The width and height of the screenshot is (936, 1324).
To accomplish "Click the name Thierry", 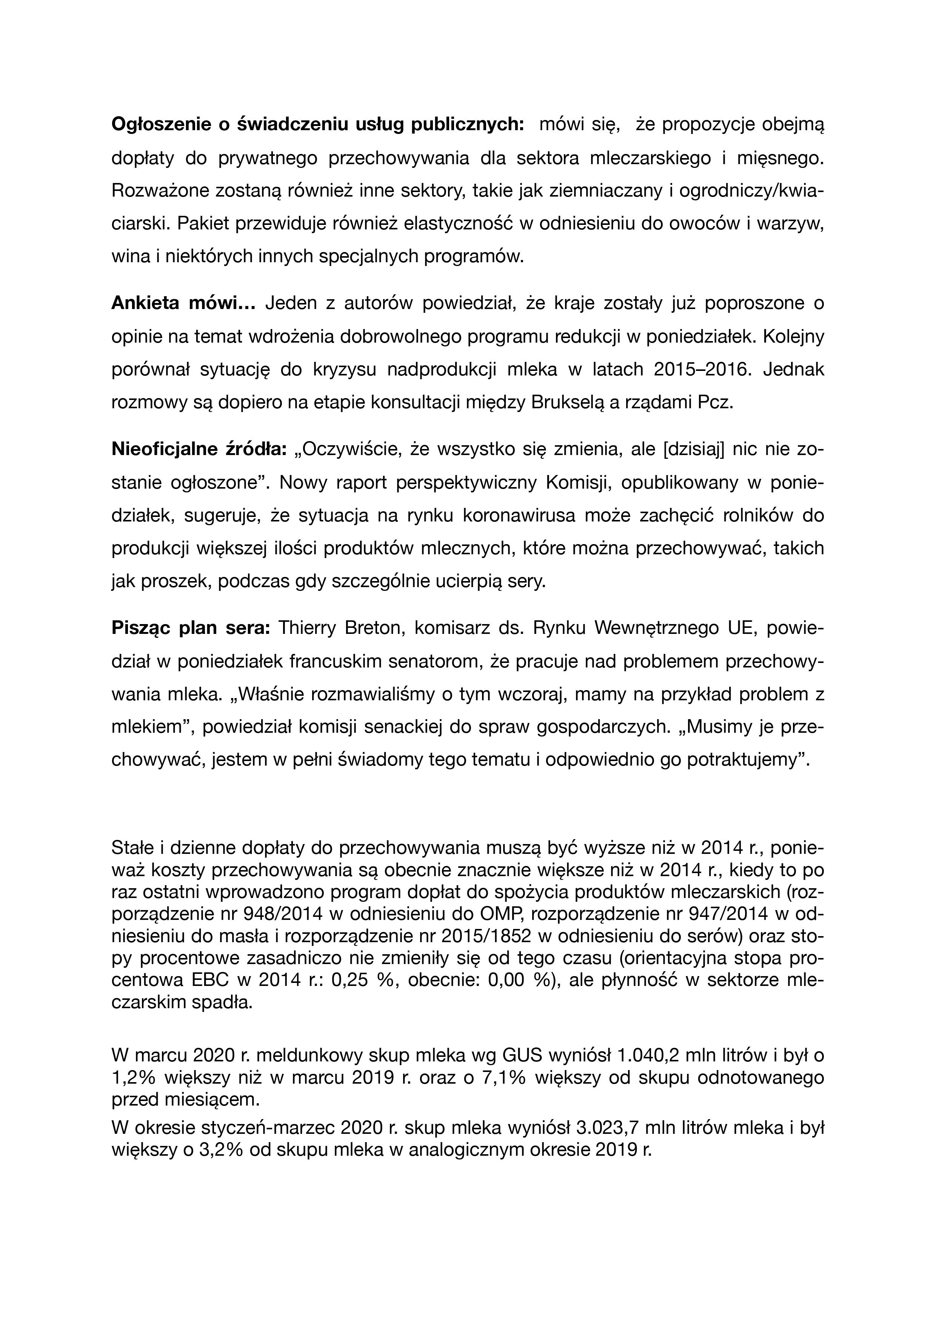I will [306, 628].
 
